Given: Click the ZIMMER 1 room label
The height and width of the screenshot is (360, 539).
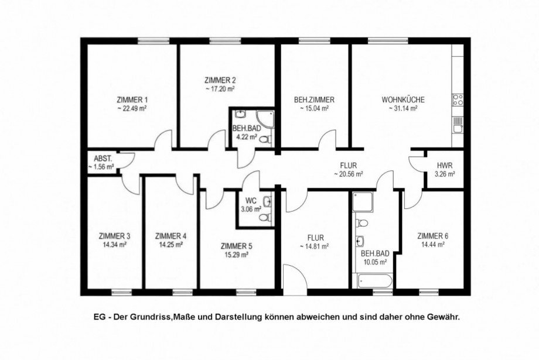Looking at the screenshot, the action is click(x=132, y=100).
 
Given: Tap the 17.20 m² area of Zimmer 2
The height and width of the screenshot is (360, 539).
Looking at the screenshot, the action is click(x=220, y=89).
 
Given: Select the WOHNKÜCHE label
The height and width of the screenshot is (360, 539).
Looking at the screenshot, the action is click(x=403, y=100).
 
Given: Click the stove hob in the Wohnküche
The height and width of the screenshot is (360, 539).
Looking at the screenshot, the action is click(x=458, y=100).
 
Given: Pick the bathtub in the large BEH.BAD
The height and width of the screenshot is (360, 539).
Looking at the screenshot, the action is click(x=374, y=282).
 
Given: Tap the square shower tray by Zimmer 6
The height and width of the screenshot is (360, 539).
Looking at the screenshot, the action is click(x=363, y=201).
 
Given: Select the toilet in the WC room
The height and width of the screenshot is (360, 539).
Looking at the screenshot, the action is click(x=265, y=217).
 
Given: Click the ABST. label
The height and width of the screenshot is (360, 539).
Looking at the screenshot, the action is click(x=103, y=159).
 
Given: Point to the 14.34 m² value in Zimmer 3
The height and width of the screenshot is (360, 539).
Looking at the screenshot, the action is click(x=114, y=245).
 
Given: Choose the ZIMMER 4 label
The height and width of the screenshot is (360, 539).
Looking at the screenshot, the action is click(x=171, y=236).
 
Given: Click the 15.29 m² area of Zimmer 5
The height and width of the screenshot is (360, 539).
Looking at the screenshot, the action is click(x=237, y=255).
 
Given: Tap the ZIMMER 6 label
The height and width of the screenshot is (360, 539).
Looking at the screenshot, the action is click(x=433, y=236).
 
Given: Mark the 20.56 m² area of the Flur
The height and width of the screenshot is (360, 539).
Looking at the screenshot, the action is click(x=349, y=174).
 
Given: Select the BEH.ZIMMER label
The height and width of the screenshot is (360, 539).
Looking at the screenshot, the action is click(x=314, y=100).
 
